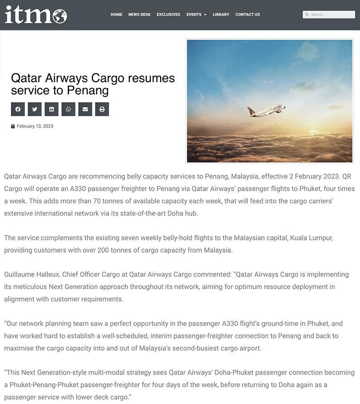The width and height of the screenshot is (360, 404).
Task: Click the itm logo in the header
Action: click(36, 14)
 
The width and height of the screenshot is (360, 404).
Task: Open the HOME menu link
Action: click(116, 14)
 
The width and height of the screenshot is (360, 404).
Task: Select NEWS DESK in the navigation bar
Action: click(139, 14)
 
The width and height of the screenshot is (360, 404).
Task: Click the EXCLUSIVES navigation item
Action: click(168, 14)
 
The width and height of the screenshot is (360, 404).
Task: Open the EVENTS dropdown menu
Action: click(196, 14)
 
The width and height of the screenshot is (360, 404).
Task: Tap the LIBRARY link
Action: click(221, 14)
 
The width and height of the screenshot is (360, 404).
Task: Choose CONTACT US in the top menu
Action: click(247, 14)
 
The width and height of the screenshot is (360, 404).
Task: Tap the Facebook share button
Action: click(18, 109)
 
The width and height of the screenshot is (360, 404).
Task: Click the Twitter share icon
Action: click(34, 109)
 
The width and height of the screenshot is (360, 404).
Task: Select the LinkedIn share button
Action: click(52, 109)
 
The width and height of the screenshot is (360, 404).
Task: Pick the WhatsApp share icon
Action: click(68, 109)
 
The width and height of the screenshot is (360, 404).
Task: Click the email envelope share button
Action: click(85, 109)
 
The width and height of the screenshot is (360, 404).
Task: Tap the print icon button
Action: click(102, 109)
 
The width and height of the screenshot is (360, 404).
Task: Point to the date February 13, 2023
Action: click(35, 126)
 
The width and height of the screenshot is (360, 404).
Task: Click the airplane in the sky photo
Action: click(266, 110)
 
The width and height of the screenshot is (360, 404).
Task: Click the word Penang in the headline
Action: click(88, 90)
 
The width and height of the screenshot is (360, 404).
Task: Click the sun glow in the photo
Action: click(317, 129)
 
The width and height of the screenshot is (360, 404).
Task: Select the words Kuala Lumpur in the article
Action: click(312, 238)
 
